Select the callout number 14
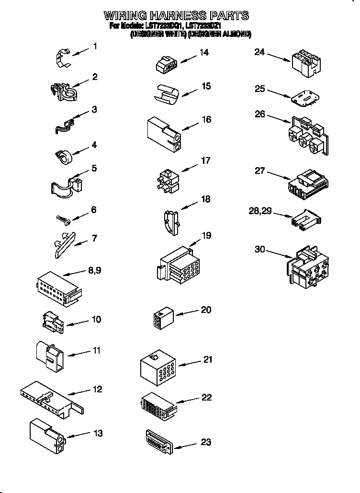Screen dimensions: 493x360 pos(204,52)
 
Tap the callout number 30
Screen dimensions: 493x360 pos(259,249)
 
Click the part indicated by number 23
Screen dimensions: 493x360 pos(157,440)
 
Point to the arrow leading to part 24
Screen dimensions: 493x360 pos(279,58)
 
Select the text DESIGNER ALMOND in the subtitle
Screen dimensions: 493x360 pos(219,34)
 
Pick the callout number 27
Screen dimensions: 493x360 pos(259,171)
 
